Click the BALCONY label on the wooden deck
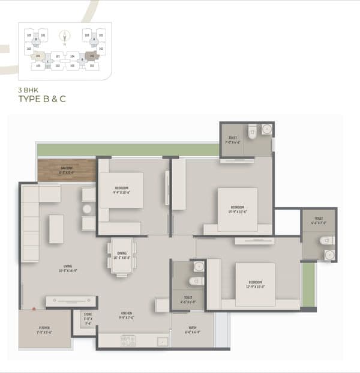coord(67,169)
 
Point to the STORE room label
coord(88,317)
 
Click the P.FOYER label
coord(44,330)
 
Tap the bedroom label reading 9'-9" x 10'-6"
coord(122,190)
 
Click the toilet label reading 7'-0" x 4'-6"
coord(232,140)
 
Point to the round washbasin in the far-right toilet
coord(329,255)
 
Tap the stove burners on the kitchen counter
coord(128,341)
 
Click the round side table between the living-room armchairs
coord(87,209)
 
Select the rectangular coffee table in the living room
coord(56,229)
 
